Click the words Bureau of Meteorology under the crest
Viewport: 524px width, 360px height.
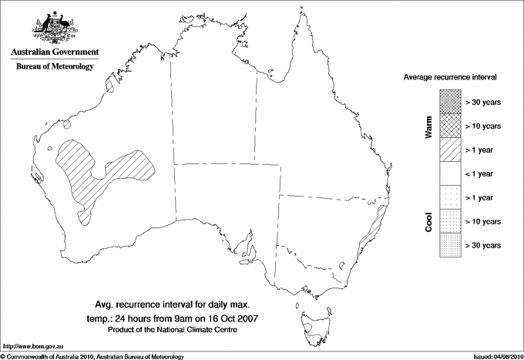click(54, 66)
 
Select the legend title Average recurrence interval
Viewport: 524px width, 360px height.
click(450, 79)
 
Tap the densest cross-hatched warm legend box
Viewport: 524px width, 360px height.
click(450, 101)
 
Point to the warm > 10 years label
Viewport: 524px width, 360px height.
click(482, 126)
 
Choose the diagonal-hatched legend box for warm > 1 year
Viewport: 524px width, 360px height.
click(450, 150)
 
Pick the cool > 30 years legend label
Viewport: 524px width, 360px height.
click(482, 245)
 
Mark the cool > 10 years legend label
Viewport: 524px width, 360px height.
click(482, 221)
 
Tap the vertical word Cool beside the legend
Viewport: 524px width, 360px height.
click(428, 221)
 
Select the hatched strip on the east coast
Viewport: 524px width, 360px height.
click(373, 227)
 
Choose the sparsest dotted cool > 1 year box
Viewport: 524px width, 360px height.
click(450, 197)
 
